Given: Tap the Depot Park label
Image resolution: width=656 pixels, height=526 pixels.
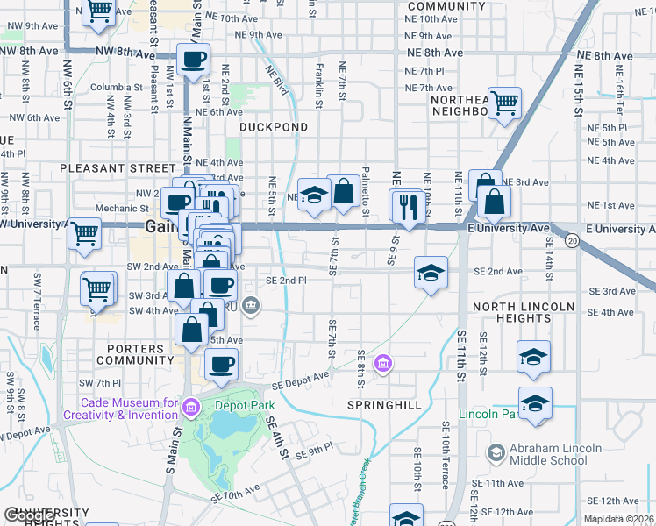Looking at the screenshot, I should pyautogui.click(x=247, y=405).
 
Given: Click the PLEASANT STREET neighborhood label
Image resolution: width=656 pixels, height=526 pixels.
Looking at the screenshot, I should pyautogui.click(x=118, y=167).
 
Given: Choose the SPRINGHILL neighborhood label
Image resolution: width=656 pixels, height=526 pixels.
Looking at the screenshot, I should pyautogui.click(x=384, y=405).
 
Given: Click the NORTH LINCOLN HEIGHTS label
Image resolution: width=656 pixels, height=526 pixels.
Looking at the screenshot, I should pyautogui.click(x=524, y=314).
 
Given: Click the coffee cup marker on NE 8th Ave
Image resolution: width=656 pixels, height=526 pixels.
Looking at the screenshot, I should pyautogui.click(x=193, y=60).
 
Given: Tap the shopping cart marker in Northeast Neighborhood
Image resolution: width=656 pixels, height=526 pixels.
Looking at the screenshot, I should pyautogui.click(x=504, y=103).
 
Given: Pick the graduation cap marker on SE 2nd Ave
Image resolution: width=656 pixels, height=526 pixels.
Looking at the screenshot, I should pyautogui.click(x=431, y=273).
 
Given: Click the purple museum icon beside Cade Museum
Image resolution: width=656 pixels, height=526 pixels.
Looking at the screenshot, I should pyautogui.click(x=193, y=405).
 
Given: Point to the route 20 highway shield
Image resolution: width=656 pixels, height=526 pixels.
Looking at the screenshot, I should pyautogui.click(x=573, y=240).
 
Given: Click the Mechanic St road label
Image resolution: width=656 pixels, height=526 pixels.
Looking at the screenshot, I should pyautogui.click(x=122, y=209).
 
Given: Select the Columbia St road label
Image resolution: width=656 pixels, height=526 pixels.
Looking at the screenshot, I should pyautogui.click(x=116, y=88).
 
